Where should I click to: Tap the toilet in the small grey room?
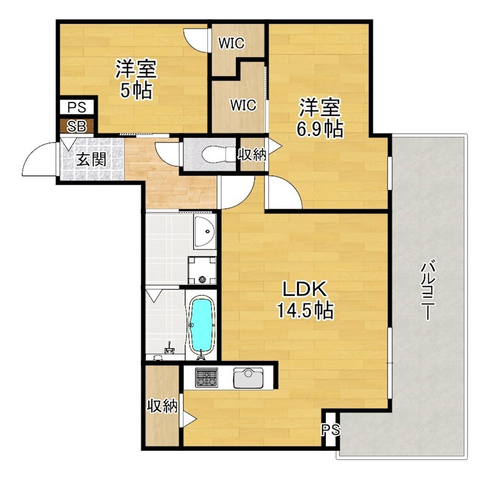[210, 152]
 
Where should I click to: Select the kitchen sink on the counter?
[248, 378]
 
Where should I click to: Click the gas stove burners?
[206, 378]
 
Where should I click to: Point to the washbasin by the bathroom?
[206, 232]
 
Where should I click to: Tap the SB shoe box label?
[77, 126]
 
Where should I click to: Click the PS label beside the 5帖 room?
[77, 108]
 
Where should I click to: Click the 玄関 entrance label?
[91, 160]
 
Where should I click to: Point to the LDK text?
[305, 290]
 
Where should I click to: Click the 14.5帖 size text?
[305, 312]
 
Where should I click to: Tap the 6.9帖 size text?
[318, 129]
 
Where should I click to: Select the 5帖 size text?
[136, 91]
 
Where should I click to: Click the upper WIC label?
[232, 43]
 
